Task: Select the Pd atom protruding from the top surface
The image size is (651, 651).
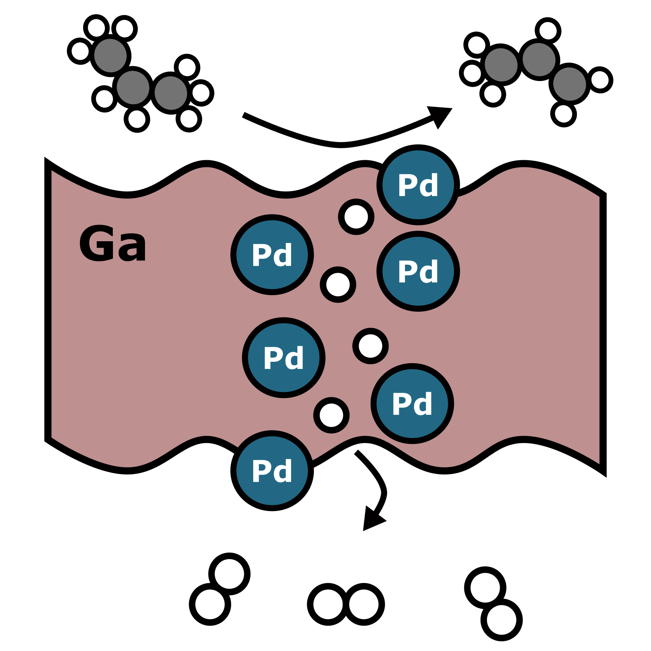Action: (x=418, y=185)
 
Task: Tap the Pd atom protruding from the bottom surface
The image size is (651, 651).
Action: (x=272, y=471)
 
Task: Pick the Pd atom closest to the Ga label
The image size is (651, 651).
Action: (x=272, y=255)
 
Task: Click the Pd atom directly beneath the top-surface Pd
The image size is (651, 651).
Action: (x=418, y=271)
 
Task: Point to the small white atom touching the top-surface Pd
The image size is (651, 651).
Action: (x=356, y=217)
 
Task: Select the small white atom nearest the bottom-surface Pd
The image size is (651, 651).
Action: (x=331, y=415)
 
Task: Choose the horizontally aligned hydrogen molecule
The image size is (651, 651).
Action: (x=346, y=604)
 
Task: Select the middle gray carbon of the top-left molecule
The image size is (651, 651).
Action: (x=133, y=88)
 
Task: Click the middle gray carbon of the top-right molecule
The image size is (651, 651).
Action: (x=539, y=59)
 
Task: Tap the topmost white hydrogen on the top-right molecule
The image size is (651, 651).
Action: (x=548, y=30)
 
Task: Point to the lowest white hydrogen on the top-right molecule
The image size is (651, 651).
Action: (x=563, y=114)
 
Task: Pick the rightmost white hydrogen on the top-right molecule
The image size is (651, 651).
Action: (x=600, y=80)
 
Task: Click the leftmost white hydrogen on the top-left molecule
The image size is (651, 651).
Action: (x=80, y=51)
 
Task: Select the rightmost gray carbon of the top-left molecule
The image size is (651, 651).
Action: (x=171, y=93)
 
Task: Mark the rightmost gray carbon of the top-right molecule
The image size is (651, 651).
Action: (x=569, y=84)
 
